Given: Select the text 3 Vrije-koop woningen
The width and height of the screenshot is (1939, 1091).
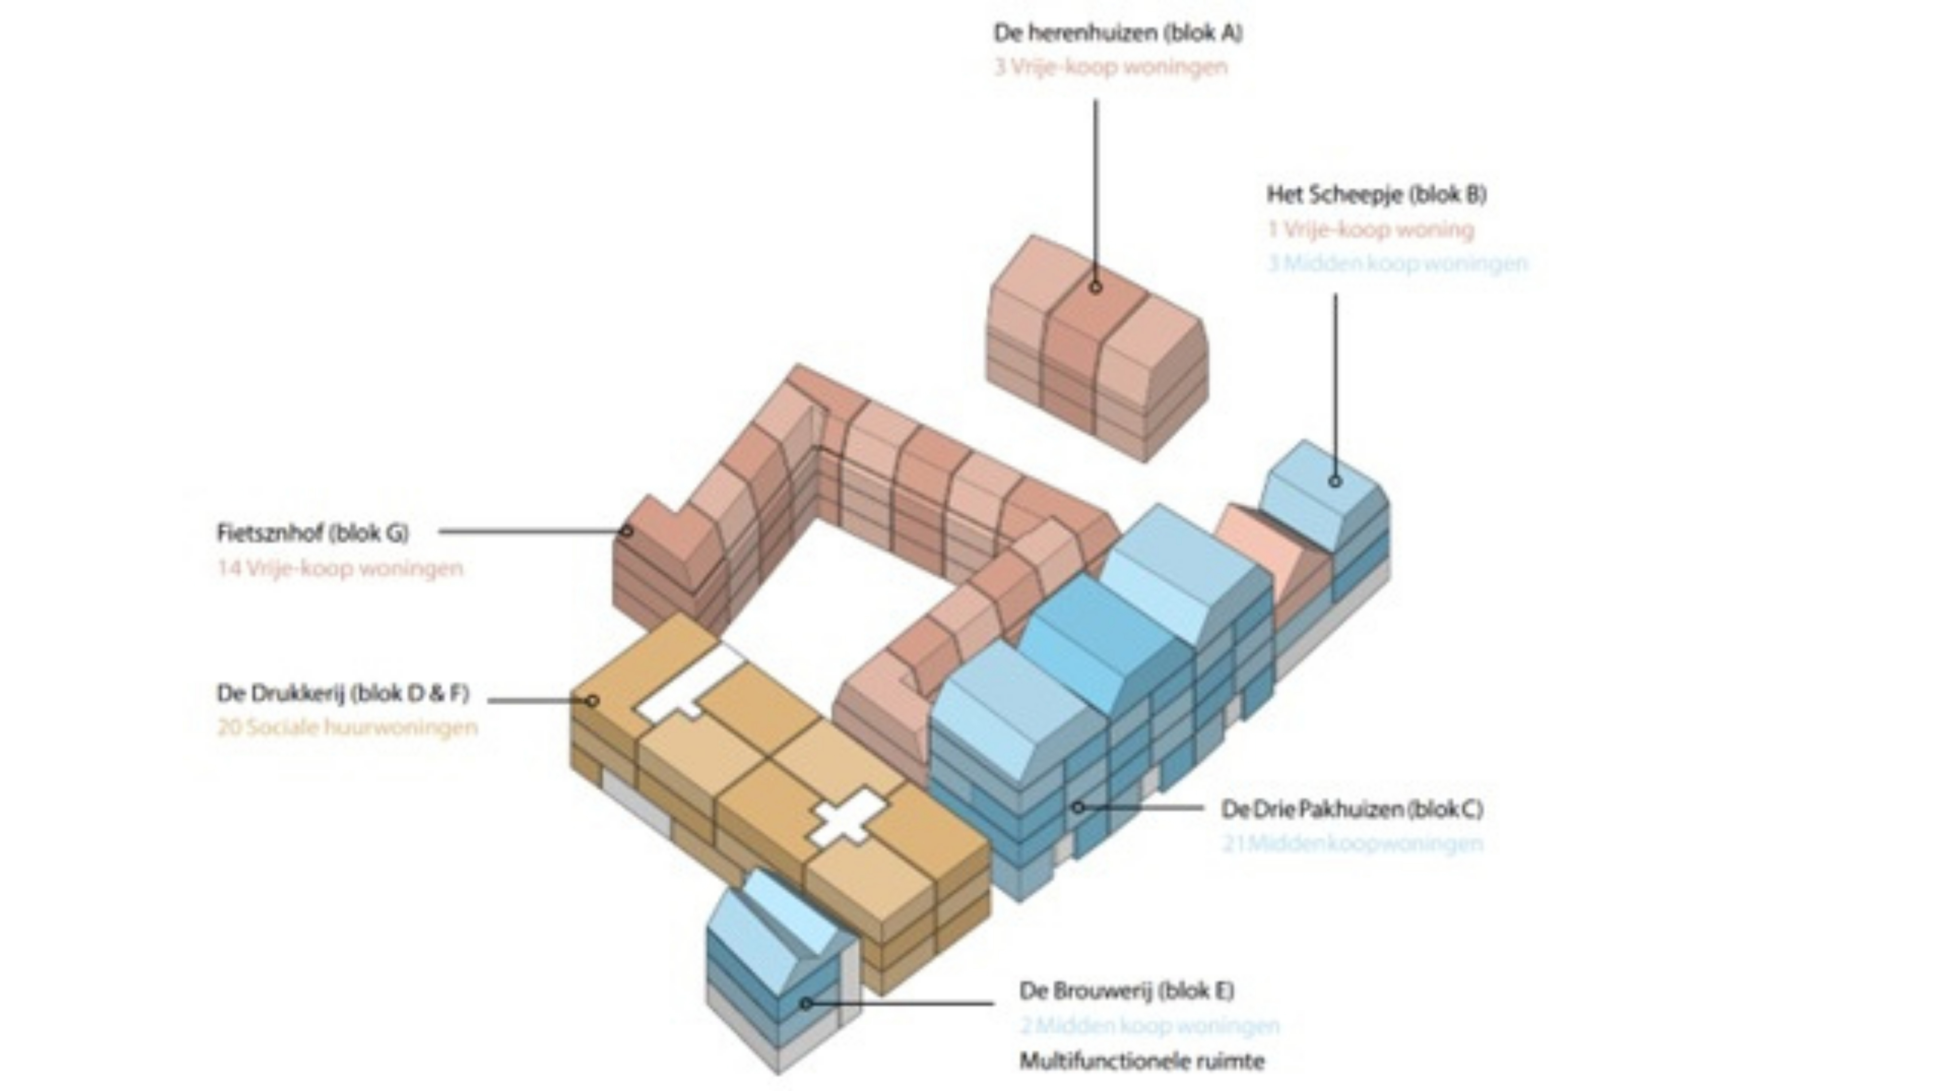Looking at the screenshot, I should (1111, 67).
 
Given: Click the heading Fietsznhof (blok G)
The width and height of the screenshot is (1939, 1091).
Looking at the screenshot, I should (312, 533).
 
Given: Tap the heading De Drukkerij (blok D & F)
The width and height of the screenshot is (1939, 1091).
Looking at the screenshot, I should (343, 693).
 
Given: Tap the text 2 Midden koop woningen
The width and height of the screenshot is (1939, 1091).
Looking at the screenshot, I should (1150, 1025).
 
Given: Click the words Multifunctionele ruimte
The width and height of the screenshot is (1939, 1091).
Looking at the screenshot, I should (1141, 1062).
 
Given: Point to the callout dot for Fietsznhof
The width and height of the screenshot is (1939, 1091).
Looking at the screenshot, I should (627, 531).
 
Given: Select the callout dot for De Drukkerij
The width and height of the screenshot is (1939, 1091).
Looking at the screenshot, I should (592, 701).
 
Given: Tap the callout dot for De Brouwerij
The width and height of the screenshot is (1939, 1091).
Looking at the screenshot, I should (806, 1004).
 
